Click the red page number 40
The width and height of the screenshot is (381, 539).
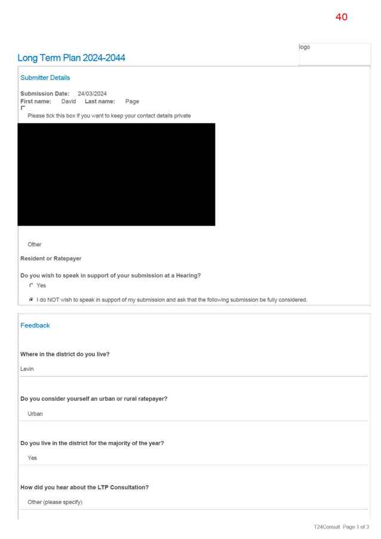[342, 17]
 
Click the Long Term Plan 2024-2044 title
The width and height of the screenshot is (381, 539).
[71, 58]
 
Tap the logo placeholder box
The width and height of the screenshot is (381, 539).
[334, 54]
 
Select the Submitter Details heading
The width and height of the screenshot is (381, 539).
[45, 78]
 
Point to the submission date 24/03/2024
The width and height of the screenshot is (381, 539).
[92, 94]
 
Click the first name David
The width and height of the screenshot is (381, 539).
[69, 101]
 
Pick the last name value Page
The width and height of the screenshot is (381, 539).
[132, 101]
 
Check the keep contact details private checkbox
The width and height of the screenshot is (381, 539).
[23, 108]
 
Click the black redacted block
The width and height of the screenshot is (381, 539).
[116, 174]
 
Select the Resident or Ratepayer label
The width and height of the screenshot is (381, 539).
[51, 258]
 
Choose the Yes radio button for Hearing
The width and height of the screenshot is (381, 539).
[31, 285]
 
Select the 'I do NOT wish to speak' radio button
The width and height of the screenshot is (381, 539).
[31, 300]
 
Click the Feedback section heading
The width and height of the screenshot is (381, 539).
[35, 325]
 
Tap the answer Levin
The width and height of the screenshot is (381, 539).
[27, 369]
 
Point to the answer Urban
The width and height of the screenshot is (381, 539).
[35, 414]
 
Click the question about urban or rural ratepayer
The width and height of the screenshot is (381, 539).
[94, 399]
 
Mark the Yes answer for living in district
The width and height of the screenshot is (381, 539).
[32, 458]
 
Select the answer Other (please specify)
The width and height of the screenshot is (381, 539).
[55, 502]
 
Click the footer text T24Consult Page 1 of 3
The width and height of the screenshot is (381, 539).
[342, 527]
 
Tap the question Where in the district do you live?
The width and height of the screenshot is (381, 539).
[65, 355]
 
